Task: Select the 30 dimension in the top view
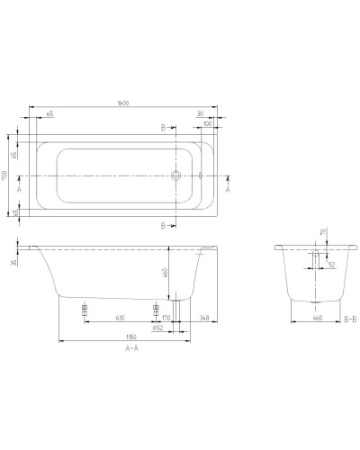point(197,112)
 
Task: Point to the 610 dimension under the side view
point(120,318)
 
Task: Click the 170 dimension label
point(165,318)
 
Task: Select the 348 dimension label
point(204,318)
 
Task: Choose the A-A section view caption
point(130,349)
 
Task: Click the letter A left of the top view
point(20,191)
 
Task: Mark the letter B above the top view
point(162,127)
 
